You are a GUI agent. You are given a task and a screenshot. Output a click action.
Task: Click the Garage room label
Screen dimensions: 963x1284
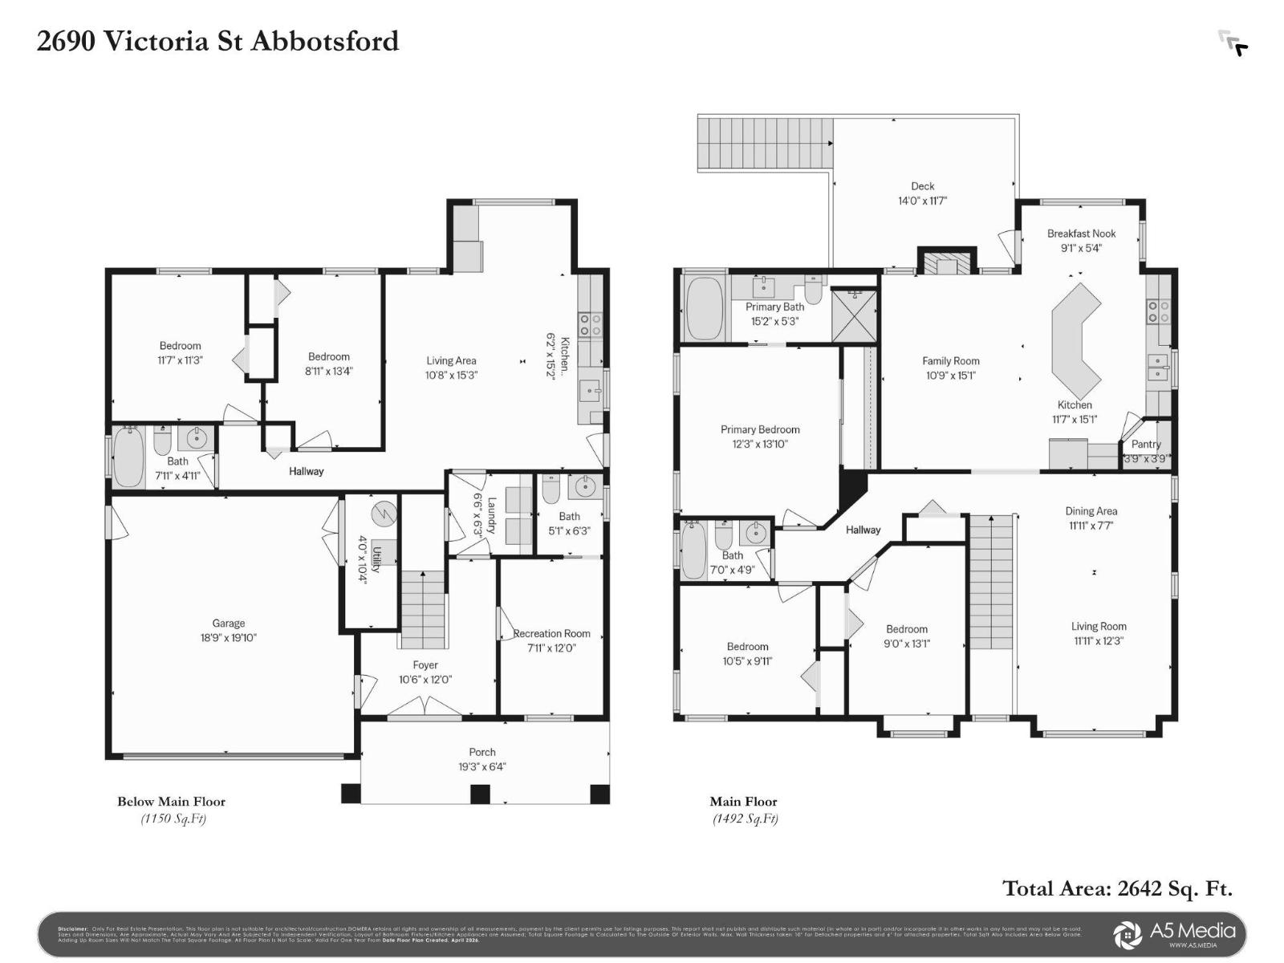(x=229, y=623)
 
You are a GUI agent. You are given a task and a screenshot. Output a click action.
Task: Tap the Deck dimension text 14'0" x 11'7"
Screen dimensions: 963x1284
(x=922, y=201)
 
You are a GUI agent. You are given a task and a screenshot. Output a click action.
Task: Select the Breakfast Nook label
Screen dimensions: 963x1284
(x=1081, y=234)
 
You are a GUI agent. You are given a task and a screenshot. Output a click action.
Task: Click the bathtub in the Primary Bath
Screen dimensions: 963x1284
(x=705, y=309)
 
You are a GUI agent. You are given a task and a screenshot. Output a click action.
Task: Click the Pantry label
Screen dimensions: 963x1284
(x=1146, y=444)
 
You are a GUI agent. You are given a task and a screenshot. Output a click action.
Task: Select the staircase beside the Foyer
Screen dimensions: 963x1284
(x=423, y=610)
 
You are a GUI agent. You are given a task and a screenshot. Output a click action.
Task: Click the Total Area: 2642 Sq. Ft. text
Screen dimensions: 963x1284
(x=1117, y=888)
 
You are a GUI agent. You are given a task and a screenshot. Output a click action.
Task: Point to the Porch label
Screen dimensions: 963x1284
(x=482, y=752)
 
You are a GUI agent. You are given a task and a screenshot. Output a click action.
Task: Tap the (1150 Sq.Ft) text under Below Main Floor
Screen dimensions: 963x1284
(x=173, y=819)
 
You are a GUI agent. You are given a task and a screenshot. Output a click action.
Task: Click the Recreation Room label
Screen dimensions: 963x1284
(x=552, y=633)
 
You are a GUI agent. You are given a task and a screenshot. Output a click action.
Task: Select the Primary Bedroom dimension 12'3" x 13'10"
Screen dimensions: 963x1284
(x=760, y=444)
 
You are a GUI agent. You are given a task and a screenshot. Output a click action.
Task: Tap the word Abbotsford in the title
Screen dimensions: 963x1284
(x=325, y=41)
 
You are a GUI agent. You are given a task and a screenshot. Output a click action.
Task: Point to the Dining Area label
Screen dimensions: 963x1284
(x=1091, y=511)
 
